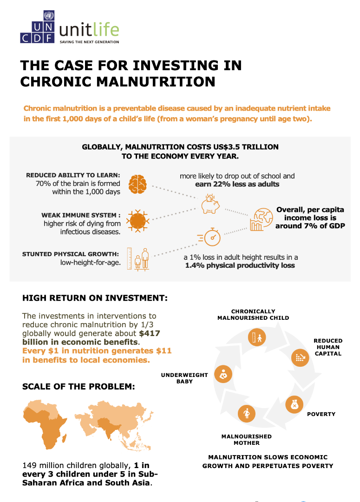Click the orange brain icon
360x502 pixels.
(137, 184)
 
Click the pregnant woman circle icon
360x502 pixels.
(247, 413)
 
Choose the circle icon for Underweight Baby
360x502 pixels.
(223, 373)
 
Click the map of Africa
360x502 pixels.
(49, 424)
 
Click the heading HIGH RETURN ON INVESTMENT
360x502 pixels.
(95, 298)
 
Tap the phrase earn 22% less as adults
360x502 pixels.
(237, 184)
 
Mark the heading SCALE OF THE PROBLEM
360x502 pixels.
(79, 386)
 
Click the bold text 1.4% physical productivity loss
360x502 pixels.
(240, 265)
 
